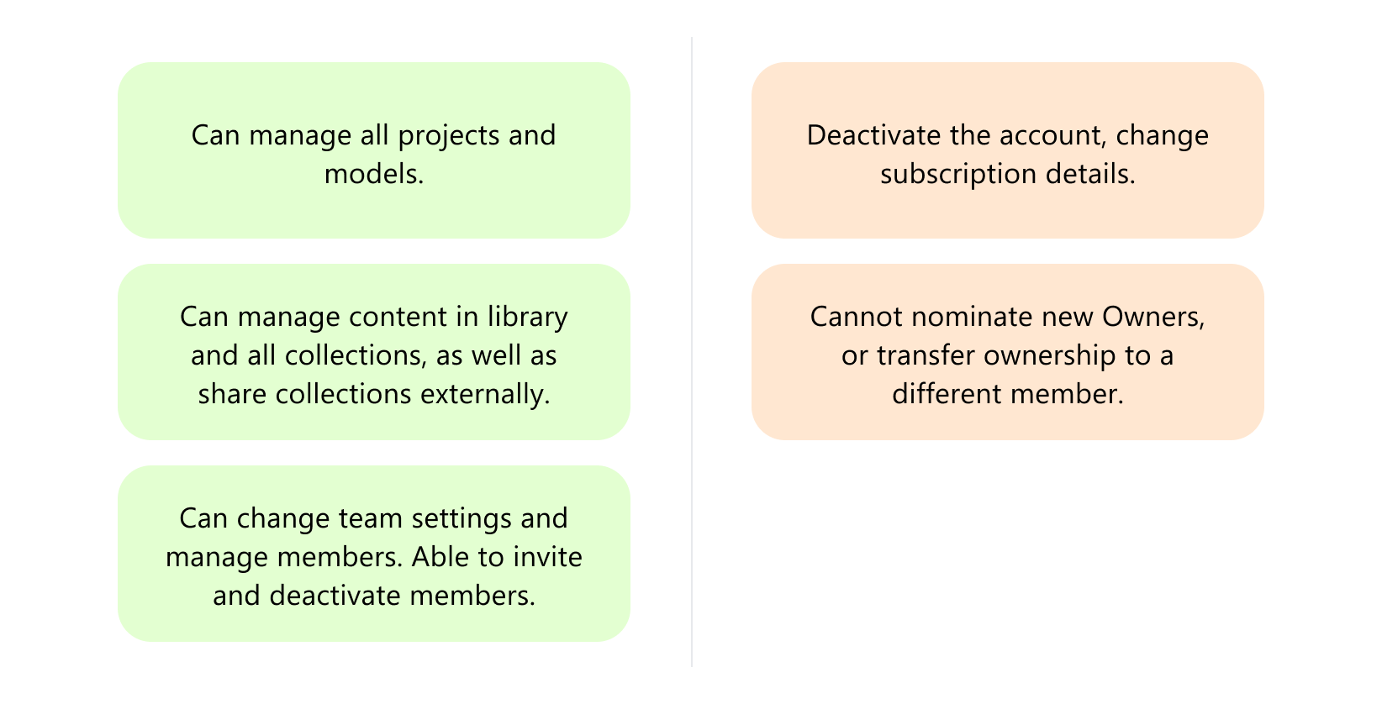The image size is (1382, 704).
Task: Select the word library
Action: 527,317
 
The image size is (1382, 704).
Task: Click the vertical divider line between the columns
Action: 692,352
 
